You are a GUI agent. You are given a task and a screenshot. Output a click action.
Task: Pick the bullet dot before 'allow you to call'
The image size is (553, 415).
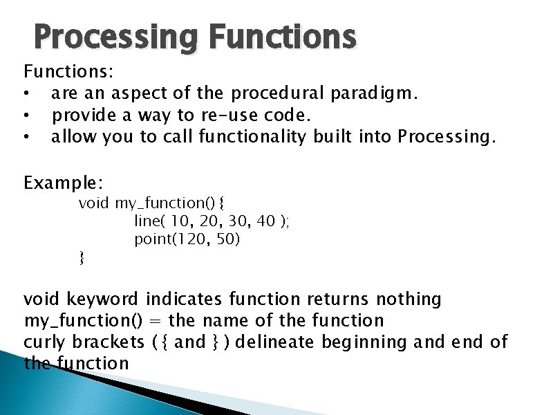pyautogui.click(x=26, y=137)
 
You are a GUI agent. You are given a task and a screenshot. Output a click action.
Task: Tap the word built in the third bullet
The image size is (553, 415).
pyautogui.click(x=332, y=136)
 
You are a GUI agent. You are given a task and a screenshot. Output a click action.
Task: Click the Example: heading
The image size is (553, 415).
pyautogui.click(x=64, y=183)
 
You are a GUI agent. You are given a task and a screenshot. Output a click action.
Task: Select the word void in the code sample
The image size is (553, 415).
pyautogui.click(x=93, y=203)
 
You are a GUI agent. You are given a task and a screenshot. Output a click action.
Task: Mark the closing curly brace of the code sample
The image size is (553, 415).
pyautogui.click(x=82, y=258)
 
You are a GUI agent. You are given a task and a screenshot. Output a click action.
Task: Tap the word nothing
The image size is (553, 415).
pyautogui.click(x=409, y=299)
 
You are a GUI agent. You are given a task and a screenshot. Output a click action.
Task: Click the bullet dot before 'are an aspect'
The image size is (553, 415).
pyautogui.click(x=26, y=93)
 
